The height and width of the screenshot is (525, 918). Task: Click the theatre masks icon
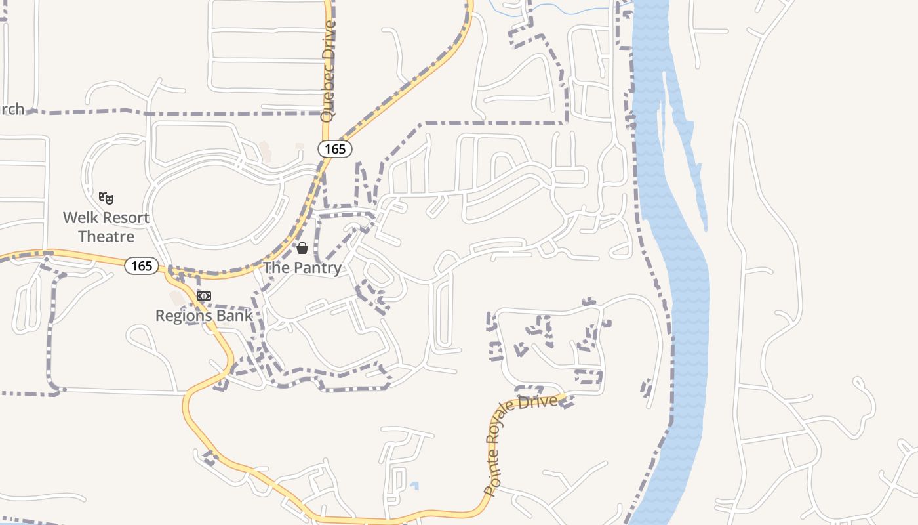[106, 198]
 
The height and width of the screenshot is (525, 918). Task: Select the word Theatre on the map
[106, 236]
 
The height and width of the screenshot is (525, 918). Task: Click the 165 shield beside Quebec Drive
[335, 149]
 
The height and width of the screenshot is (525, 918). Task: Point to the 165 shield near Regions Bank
[142, 266]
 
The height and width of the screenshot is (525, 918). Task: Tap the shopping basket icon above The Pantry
[302, 248]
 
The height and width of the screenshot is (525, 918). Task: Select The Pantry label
[302, 268]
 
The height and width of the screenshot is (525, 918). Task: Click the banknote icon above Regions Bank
[204, 296]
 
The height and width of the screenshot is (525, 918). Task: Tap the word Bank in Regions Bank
[237, 316]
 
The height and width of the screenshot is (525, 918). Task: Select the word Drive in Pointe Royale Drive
[540, 401]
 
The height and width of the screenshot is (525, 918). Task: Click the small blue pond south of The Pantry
[414, 486]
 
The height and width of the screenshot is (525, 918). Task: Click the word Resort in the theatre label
[125, 218]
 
